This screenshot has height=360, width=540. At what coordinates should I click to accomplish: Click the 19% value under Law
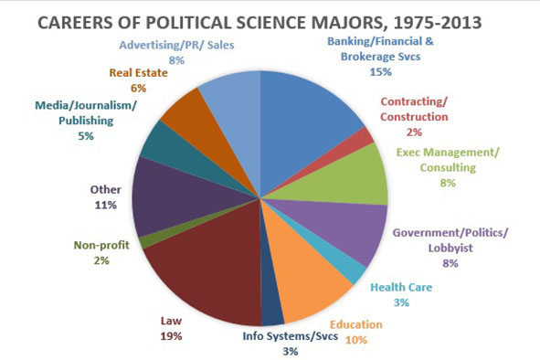click(171, 336)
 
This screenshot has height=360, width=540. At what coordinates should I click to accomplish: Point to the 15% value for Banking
click(380, 72)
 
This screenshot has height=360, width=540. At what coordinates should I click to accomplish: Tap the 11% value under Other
click(106, 206)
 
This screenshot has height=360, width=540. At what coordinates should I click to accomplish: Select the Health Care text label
click(401, 287)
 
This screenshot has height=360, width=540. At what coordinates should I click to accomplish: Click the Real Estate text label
click(139, 73)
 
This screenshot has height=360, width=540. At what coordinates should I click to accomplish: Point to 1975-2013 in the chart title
click(438, 23)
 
